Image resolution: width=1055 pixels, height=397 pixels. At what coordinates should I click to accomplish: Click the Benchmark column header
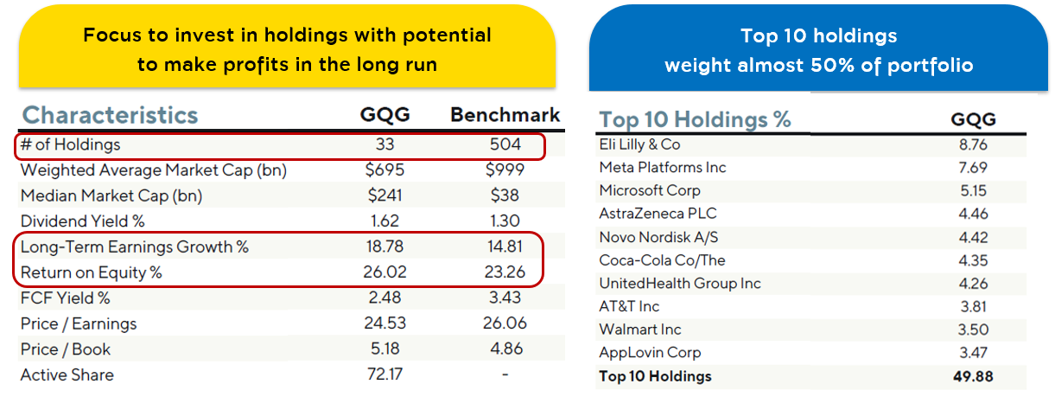coord(505,115)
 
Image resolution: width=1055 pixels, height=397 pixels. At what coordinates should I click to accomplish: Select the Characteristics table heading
coord(111,116)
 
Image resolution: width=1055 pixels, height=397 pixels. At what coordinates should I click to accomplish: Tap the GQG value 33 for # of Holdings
coord(385,144)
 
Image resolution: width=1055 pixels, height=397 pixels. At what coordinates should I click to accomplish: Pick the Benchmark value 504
coord(505,144)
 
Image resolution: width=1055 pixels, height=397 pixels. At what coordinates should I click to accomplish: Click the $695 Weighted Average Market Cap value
coord(385,170)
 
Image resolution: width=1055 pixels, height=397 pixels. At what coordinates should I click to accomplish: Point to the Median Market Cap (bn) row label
coord(111,195)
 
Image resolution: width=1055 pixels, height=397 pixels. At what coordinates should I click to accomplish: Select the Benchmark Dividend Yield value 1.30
coord(505,221)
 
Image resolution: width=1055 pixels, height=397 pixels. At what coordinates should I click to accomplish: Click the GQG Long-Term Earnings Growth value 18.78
coord(385,247)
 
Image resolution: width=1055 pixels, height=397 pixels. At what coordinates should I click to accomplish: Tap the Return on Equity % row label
coord(92,272)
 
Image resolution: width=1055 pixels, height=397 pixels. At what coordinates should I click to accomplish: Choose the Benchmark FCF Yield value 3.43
coord(505,298)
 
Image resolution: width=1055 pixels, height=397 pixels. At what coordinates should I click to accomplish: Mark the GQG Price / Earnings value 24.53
coord(385,323)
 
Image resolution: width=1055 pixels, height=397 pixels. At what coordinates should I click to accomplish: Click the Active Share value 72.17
coord(385,375)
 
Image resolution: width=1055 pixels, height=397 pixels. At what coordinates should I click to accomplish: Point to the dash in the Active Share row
coord(505,375)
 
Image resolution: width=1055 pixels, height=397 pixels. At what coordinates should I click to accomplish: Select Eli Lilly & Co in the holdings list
coord(639,144)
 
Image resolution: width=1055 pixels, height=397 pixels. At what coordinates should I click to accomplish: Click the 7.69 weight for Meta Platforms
coord(973,168)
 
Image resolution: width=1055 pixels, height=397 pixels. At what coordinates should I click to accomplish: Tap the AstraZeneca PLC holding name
coord(658,214)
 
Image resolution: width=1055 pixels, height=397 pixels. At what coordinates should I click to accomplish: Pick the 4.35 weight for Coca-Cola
coord(973,260)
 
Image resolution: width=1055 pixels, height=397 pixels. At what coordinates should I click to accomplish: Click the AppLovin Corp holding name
coord(650,353)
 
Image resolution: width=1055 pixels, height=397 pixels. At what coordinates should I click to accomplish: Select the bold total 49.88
coord(973,377)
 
